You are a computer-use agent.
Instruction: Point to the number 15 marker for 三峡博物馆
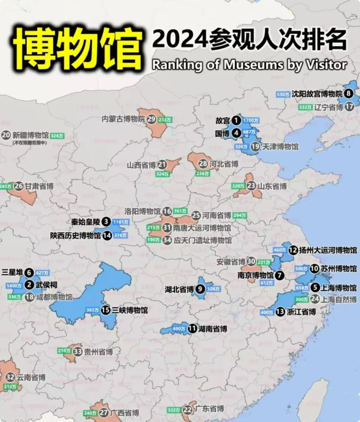point(106,310)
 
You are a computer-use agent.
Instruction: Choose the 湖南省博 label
point(213,329)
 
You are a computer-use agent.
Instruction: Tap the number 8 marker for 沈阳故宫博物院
point(349,94)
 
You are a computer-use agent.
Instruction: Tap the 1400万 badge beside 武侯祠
point(14,286)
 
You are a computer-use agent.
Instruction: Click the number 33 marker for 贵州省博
point(78,351)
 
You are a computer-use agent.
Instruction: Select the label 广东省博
point(210,409)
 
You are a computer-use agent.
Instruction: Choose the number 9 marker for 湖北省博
point(200,289)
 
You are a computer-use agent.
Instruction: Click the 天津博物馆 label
point(281,147)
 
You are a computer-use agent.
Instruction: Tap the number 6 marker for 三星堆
point(28,272)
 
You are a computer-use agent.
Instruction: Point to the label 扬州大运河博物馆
point(331,250)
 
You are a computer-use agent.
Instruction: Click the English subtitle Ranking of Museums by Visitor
point(249,65)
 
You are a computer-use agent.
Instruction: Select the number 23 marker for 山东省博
point(251,186)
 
